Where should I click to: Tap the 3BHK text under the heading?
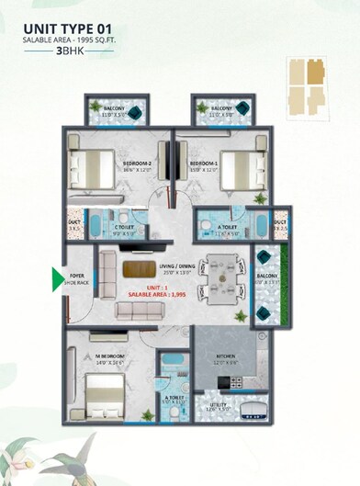[x=68, y=53]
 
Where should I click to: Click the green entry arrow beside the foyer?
[x=59, y=277]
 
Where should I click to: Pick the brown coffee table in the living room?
[x=140, y=269]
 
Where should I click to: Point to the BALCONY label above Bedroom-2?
[x=114, y=108]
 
